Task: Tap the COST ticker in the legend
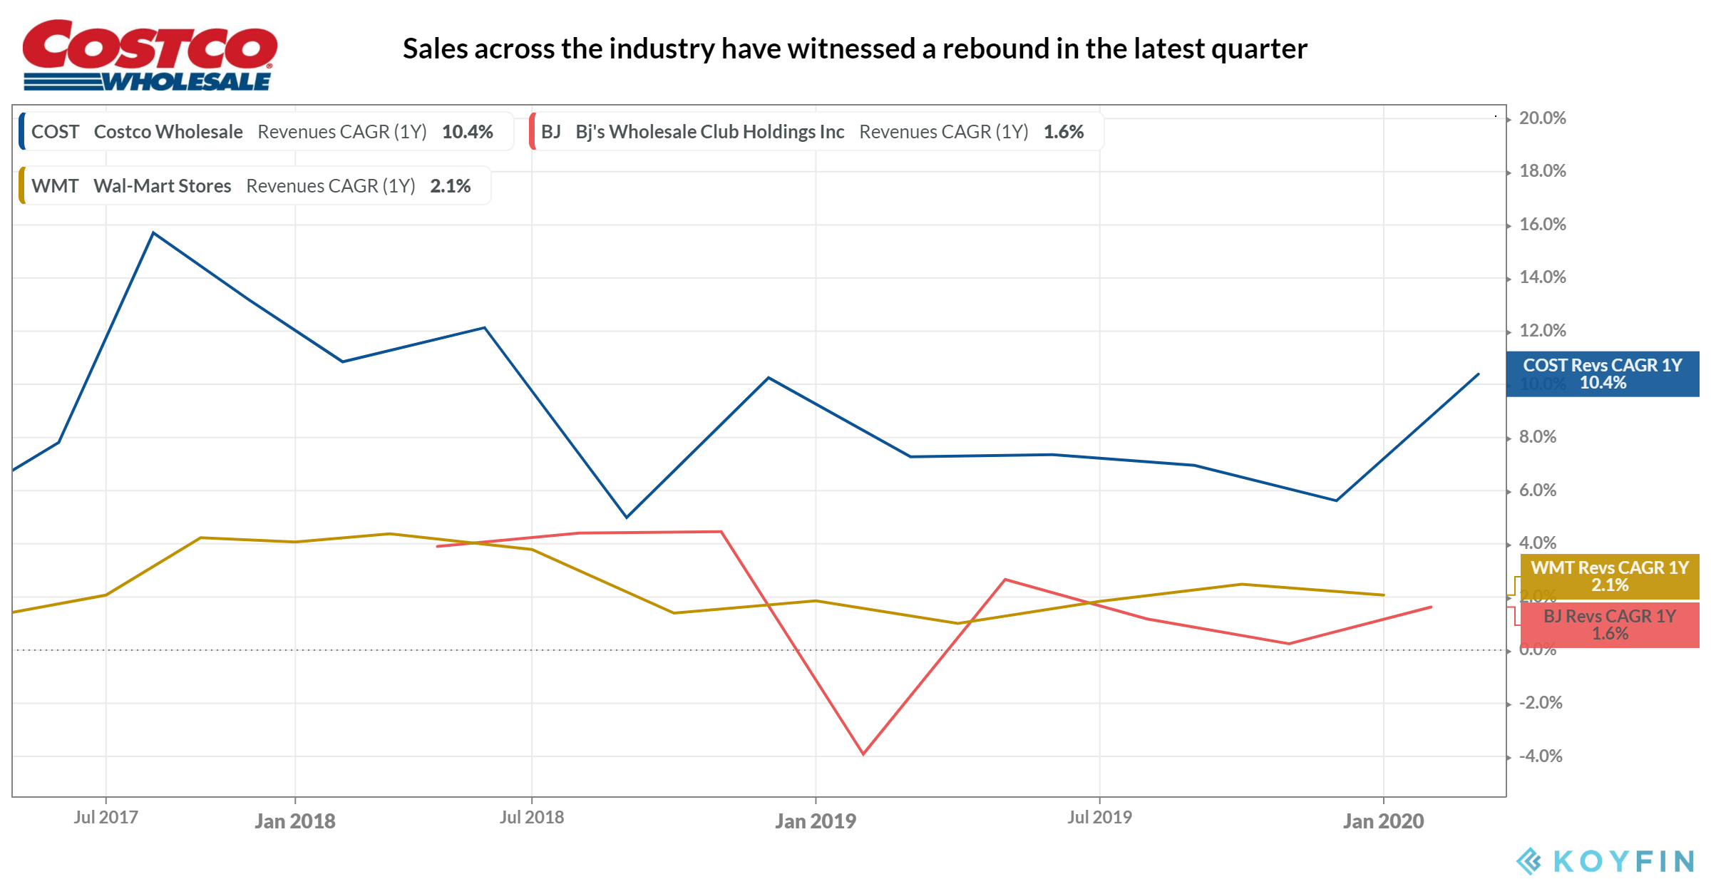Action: [x=55, y=132]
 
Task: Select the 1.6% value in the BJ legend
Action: [x=1063, y=132]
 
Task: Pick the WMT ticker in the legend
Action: [x=55, y=186]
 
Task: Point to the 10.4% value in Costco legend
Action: [x=467, y=132]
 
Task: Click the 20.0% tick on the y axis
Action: [x=1542, y=118]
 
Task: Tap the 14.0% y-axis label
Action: [x=1542, y=277]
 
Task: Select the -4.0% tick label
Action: [x=1540, y=756]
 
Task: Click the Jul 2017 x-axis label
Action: [x=106, y=818]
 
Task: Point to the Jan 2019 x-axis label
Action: [x=816, y=821]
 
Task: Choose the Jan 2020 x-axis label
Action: [x=1383, y=821]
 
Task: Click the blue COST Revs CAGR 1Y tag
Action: [x=1603, y=374]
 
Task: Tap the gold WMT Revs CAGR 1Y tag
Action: [x=1610, y=576]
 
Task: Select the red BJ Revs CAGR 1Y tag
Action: [x=1610, y=625]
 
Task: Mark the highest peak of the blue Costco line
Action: [x=153, y=233]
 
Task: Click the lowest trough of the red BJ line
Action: [x=863, y=754]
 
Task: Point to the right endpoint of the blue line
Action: [x=1478, y=374]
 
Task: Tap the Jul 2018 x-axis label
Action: [x=531, y=818]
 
